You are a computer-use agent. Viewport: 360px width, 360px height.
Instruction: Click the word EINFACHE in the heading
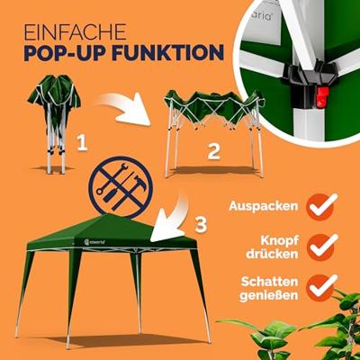(75, 32)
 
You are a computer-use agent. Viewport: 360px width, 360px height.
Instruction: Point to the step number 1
(82, 142)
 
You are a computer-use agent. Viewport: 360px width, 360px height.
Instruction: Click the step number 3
(201, 224)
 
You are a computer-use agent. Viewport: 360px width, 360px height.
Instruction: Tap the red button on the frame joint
(322, 97)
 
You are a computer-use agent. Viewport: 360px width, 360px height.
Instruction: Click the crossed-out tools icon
(121, 187)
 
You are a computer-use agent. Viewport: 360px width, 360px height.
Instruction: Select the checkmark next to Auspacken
(322, 206)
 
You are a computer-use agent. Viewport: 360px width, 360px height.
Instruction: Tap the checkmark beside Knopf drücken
(322, 247)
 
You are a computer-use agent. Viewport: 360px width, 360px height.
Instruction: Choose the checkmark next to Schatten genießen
(322, 287)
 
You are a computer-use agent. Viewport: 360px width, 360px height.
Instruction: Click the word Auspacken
(264, 206)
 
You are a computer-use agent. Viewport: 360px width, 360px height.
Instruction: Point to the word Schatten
(270, 282)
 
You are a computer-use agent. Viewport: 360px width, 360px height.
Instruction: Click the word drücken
(272, 254)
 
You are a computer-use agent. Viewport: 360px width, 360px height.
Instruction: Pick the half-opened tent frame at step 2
(213, 133)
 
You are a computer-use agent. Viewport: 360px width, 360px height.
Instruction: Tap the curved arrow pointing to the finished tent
(170, 218)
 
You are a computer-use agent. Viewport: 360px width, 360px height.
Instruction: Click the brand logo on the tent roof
(94, 241)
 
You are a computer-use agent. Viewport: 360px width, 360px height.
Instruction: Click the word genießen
(269, 296)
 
